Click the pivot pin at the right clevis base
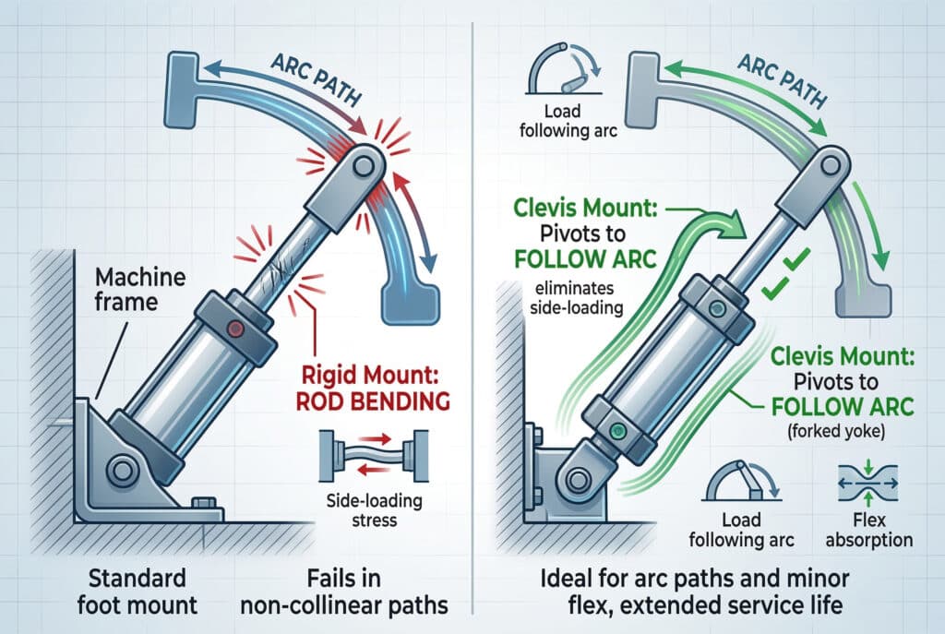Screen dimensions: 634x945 (578, 480)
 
